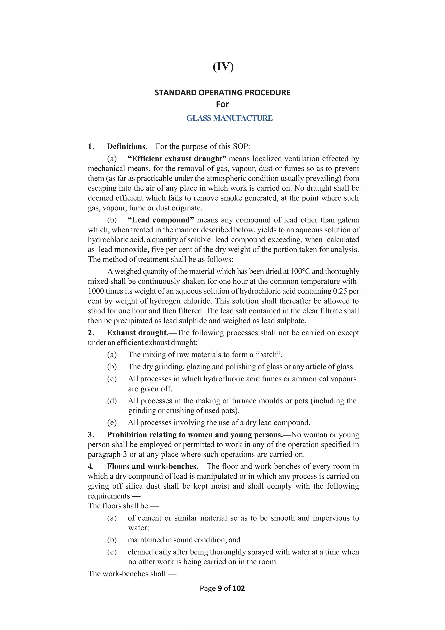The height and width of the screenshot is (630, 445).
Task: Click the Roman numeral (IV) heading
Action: click(223, 67)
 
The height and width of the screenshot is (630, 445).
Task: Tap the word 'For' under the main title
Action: click(222, 104)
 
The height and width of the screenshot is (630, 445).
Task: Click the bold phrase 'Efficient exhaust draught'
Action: click(177, 159)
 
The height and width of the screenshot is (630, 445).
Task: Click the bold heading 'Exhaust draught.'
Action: click(138, 333)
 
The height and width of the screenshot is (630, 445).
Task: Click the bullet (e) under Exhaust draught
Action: click(112, 423)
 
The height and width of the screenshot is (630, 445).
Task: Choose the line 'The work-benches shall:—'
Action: click(132, 574)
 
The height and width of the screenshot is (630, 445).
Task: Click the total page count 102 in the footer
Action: click(238, 588)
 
